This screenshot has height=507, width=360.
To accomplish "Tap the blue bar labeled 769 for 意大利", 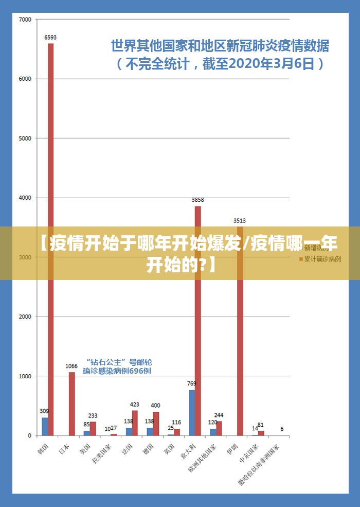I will [x=192, y=413].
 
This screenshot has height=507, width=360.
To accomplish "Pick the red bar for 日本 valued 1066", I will [x=72, y=404].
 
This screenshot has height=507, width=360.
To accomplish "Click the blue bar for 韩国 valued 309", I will [x=45, y=426].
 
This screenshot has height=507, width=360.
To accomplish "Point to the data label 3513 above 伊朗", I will [x=240, y=221].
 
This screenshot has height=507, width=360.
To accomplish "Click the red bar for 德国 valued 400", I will [x=156, y=424].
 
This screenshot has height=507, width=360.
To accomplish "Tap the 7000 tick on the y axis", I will [x=25, y=20].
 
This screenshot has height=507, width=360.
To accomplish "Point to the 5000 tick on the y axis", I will [x=25, y=138].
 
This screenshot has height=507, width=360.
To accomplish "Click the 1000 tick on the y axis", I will [x=25, y=376].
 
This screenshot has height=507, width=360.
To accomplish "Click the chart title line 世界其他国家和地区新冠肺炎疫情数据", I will [x=220, y=46].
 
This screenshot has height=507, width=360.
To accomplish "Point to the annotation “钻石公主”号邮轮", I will [x=119, y=362].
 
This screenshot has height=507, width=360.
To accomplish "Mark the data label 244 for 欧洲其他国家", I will [x=219, y=415].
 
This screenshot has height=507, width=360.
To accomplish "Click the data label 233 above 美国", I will [x=93, y=416].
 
